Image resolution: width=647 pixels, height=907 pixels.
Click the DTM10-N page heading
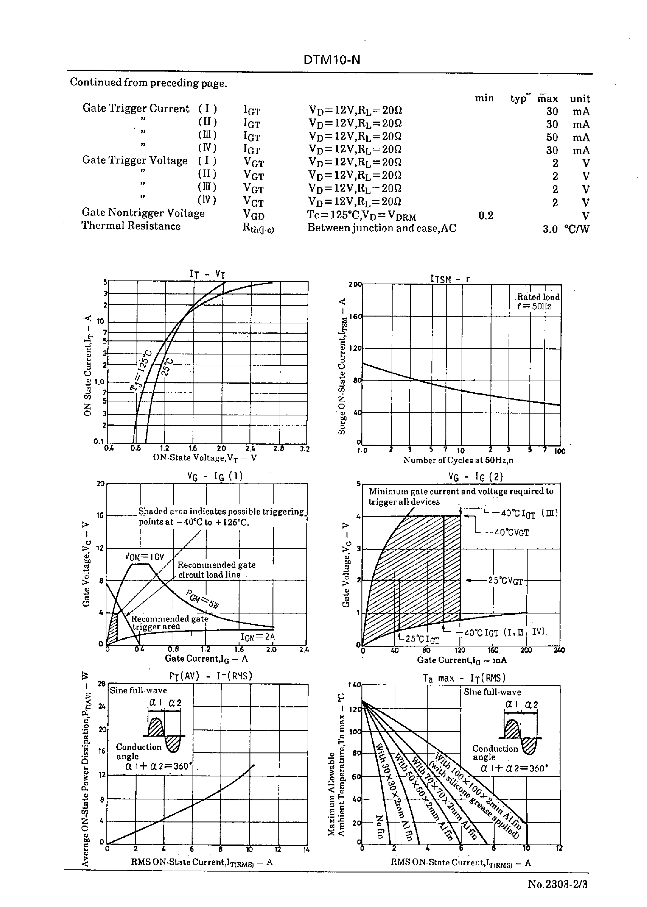pyautogui.click(x=332, y=60)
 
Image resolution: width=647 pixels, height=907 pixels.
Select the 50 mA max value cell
pyautogui.click(x=552, y=137)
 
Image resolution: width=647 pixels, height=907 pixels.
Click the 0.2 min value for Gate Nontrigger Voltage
pyautogui.click(x=486, y=215)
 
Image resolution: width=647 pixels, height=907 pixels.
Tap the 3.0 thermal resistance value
pyautogui.click(x=550, y=229)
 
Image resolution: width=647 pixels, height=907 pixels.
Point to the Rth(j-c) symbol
pyautogui.click(x=258, y=229)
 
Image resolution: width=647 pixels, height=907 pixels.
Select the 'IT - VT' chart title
pyautogui.click(x=207, y=274)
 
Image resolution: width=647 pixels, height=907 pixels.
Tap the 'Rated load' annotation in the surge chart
pyautogui.click(x=538, y=297)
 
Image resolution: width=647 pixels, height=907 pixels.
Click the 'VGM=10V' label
pyautogui.click(x=144, y=556)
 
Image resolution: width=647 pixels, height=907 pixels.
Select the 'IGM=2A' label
pyautogui.click(x=257, y=637)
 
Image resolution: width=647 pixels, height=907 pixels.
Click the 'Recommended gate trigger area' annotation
pyautogui.click(x=169, y=622)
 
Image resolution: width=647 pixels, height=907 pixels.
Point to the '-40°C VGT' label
pyautogui.click(x=506, y=532)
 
